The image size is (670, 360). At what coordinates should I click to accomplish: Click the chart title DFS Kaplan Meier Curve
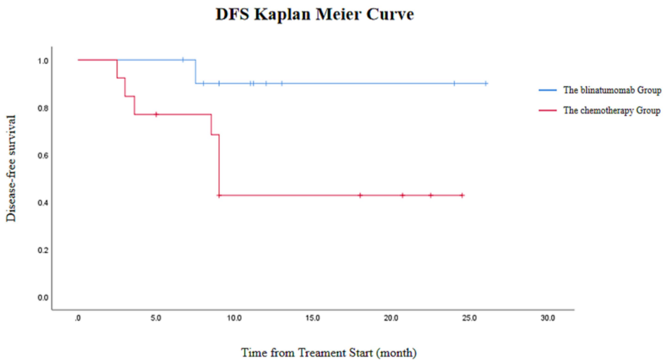[x=314, y=15]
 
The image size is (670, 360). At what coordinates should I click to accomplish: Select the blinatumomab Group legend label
[x=611, y=90]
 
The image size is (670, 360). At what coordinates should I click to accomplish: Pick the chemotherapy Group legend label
[x=611, y=111]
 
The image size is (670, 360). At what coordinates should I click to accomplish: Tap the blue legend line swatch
[x=547, y=90]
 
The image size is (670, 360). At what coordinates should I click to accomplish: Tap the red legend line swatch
[x=547, y=111]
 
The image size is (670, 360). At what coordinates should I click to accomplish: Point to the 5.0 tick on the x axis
[x=156, y=318]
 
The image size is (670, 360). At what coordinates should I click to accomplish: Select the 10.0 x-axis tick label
[x=234, y=318]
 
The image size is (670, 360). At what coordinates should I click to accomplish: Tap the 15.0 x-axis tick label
[x=313, y=318]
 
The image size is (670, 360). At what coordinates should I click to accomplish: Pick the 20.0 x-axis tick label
[x=391, y=318]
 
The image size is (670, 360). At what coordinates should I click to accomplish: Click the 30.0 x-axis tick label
[x=548, y=318]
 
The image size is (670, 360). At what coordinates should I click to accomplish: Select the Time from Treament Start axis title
[x=329, y=352]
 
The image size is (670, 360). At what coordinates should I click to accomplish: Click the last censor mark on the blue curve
[x=486, y=83]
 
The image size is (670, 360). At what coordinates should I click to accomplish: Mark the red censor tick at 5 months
[x=156, y=114]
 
